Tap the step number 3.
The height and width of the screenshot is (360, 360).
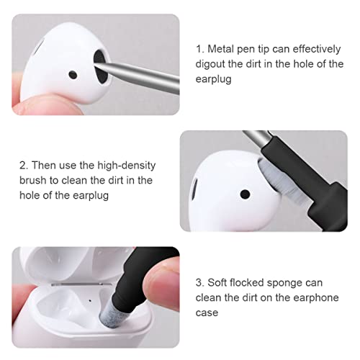point(199,283)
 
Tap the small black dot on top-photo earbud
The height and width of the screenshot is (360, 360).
point(73,74)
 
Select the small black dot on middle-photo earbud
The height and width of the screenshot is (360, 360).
point(246,194)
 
